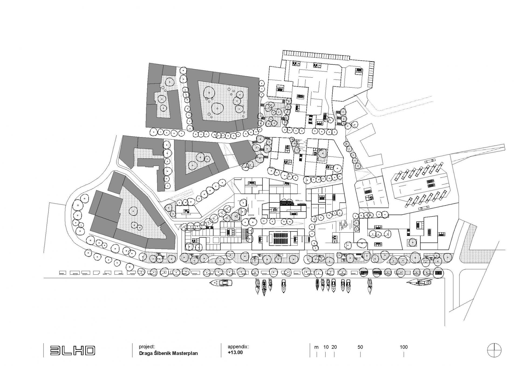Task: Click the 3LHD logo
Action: [73, 350]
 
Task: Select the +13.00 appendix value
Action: [235, 352]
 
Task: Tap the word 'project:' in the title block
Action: [147, 347]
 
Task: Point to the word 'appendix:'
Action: [238, 347]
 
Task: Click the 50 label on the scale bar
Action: [360, 347]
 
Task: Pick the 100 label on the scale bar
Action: [404, 347]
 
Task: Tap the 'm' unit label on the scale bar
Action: [316, 347]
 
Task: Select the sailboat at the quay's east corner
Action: [420, 282]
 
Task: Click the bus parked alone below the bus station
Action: [424, 208]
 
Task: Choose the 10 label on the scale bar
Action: [326, 347]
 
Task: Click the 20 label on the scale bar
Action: [334, 347]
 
